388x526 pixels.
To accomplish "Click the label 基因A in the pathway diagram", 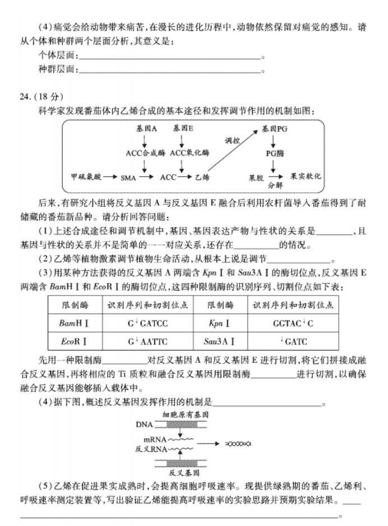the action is [x=146, y=128].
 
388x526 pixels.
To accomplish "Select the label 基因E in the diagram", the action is [x=183, y=128].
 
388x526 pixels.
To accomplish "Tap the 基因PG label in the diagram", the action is [x=274, y=129].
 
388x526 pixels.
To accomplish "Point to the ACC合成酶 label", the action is [x=146, y=153].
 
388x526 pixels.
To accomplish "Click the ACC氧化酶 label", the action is [x=190, y=153].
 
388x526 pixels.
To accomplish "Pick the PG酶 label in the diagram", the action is [x=275, y=153].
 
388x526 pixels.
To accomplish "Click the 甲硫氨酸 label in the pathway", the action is [x=86, y=177].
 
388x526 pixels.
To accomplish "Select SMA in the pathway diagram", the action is [x=128, y=178].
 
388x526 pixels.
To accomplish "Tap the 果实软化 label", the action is [x=306, y=176].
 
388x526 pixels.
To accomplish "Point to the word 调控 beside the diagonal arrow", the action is [x=232, y=141].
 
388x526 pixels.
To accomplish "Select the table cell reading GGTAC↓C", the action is [x=293, y=324].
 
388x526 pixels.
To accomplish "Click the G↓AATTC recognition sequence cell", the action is [x=147, y=342].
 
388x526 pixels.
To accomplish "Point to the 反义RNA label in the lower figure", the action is [x=151, y=449].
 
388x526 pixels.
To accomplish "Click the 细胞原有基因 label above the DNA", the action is [x=186, y=415].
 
